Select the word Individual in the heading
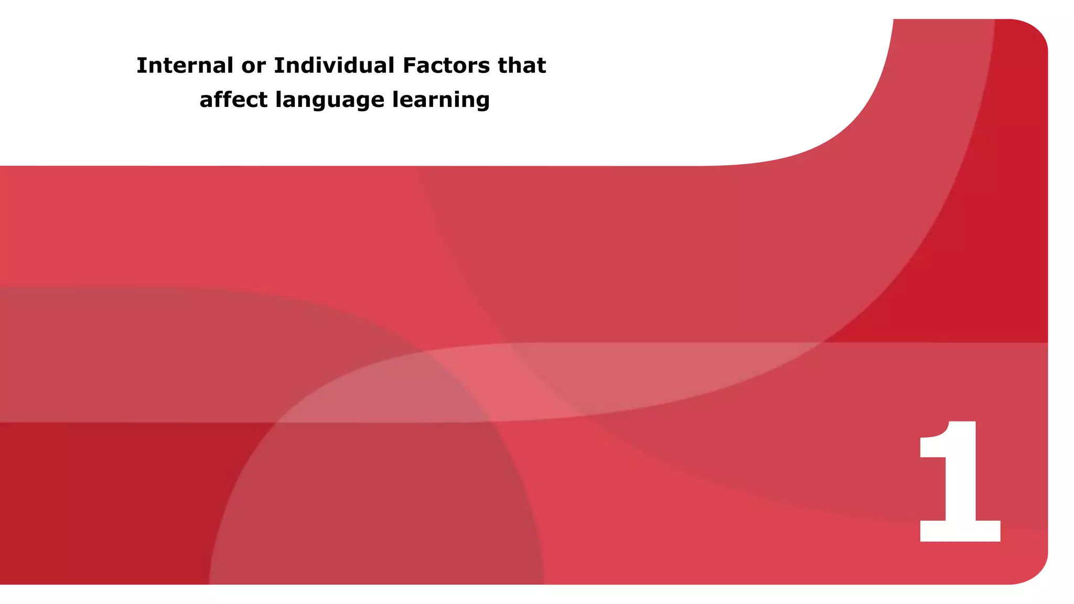[x=334, y=66]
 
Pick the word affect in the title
[x=233, y=100]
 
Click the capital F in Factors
[x=409, y=66]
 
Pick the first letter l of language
[x=278, y=99]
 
